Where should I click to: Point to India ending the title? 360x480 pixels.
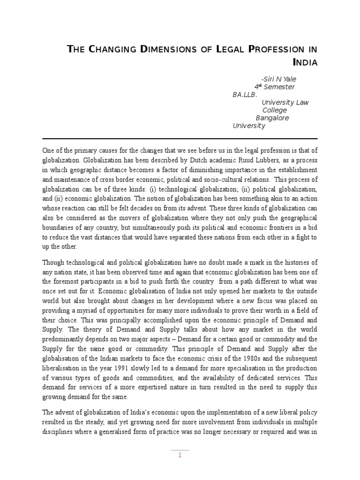pos(305,62)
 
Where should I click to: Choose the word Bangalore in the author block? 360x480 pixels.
pos(272,118)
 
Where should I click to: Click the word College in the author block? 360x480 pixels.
pos(274,110)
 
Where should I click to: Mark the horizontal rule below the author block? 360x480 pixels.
pos(180,139)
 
